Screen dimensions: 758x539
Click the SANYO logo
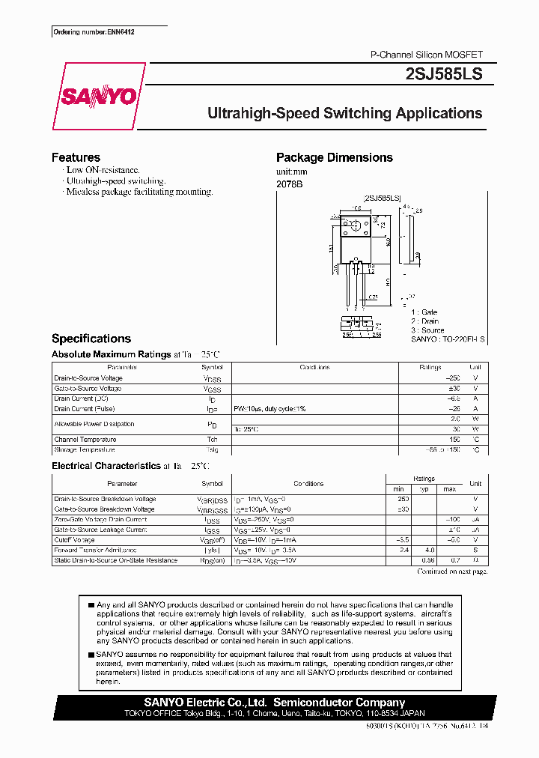tap(97, 97)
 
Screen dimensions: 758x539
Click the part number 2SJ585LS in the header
tap(443, 74)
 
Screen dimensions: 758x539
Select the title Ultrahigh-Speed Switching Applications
tap(344, 114)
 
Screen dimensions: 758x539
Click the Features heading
tap(76, 157)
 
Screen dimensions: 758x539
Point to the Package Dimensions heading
tap(334, 157)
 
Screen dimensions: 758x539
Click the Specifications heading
tap(91, 339)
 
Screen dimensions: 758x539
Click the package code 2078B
tap(289, 184)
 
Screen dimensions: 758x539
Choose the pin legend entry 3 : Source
tap(427, 330)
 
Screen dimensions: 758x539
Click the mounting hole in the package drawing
tap(356, 225)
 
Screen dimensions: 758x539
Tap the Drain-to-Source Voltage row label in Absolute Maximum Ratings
tap(88, 378)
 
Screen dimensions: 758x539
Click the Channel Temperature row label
tap(85, 440)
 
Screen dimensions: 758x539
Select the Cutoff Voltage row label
tap(75, 540)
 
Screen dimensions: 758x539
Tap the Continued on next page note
tap(452, 571)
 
